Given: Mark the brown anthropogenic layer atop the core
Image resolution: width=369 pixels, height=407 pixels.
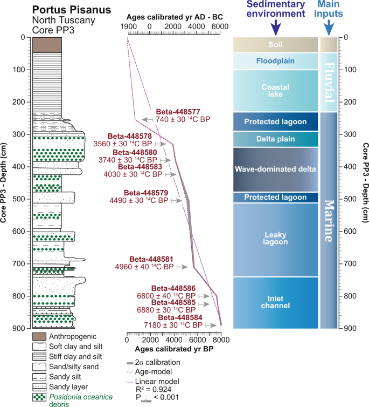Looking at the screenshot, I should (x=47, y=45).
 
